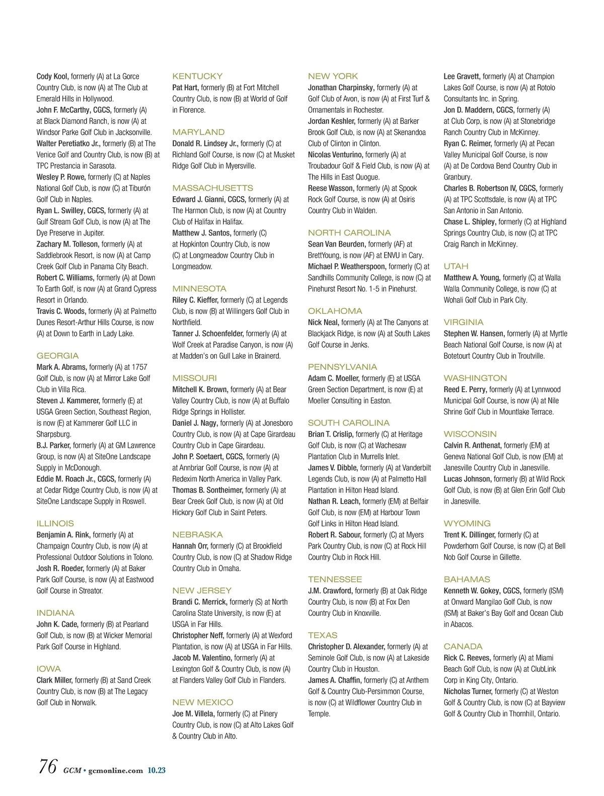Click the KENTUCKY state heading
coord(197,76)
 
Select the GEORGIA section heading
coord(57,356)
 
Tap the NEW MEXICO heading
coord(203,702)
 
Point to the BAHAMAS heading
coord(467,580)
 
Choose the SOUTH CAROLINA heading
coord(349,423)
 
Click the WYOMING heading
coord(467,524)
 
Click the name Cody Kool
coord(52,76)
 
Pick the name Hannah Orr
coord(190,546)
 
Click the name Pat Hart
coord(185,88)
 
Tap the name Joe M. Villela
coord(194,713)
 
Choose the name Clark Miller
coord(54,680)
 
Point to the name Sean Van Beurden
coord(337,244)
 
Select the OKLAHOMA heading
coord(335,311)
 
